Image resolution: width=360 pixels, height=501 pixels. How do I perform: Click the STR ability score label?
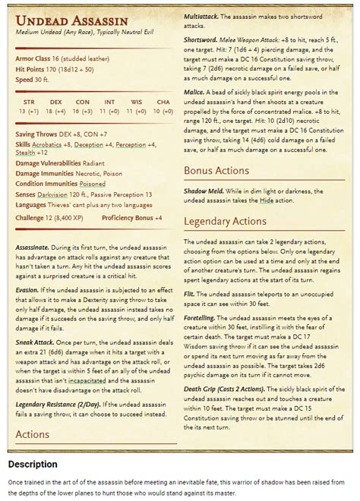pos(29,101)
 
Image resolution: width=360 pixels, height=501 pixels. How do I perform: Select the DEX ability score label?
pos(55,101)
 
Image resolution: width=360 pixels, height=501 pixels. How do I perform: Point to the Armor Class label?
pos(35,58)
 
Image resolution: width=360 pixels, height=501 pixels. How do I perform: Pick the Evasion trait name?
pos(29,289)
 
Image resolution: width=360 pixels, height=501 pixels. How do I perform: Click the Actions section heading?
pos(33,435)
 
